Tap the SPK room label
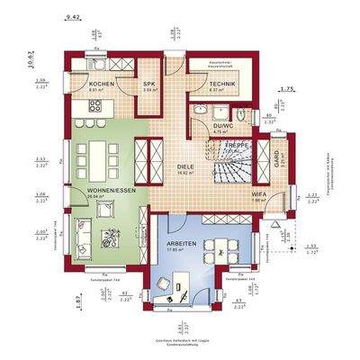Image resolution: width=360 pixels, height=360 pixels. (x=149, y=83)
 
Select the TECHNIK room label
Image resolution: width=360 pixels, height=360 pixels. (x=220, y=83)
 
